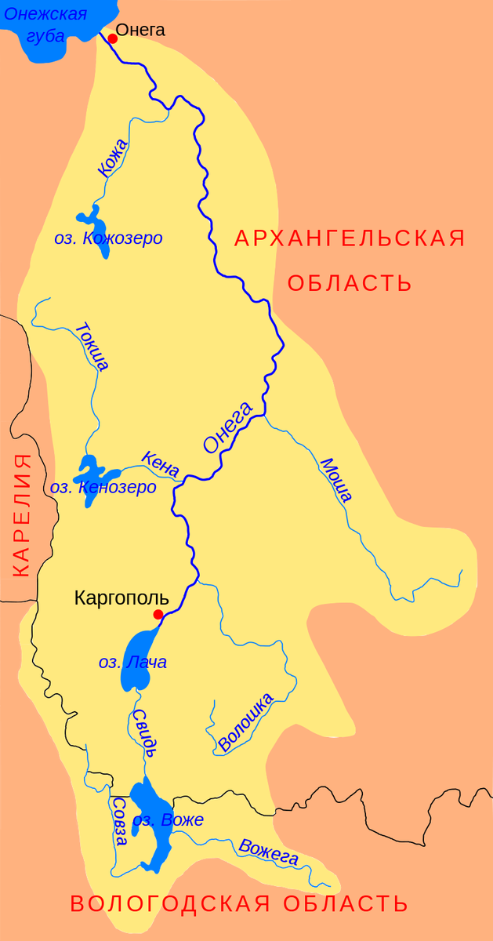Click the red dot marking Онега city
point(112,38)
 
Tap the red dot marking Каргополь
point(158,614)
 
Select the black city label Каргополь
point(121,598)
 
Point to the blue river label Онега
point(227,427)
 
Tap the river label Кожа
point(112,157)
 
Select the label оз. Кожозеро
point(108,238)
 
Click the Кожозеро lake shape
point(87,220)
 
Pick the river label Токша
point(92,346)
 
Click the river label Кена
point(160,463)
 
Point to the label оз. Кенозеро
point(103,488)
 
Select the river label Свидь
point(140,729)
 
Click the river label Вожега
point(269,852)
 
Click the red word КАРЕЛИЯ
point(21,514)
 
